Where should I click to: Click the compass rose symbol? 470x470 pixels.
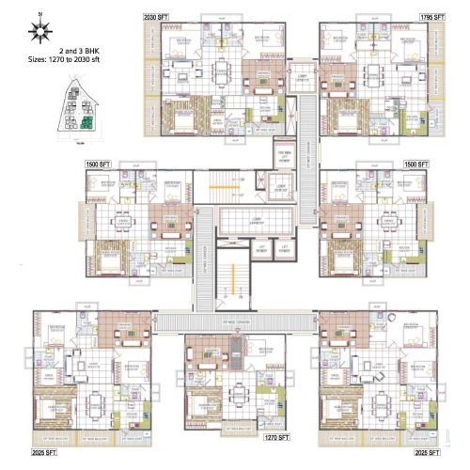tap(40, 32)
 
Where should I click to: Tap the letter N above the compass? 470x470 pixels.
tap(40, 16)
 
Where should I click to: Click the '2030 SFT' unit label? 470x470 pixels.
tap(158, 17)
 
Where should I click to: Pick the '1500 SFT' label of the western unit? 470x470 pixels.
tap(98, 164)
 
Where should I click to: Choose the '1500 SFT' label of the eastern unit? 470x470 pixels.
tap(416, 164)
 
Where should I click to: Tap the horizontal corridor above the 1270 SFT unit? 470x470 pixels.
tap(235, 322)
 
